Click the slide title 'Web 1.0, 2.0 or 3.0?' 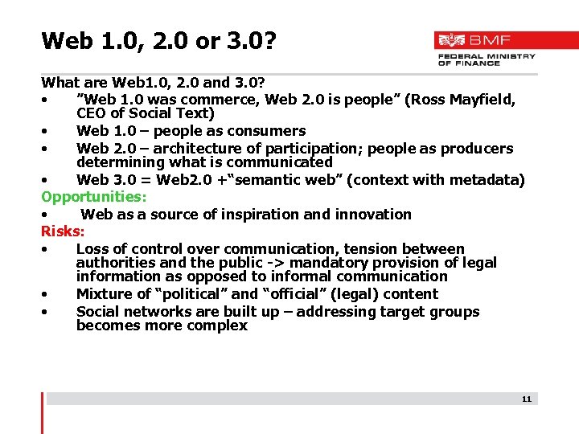point(158,40)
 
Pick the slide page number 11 point(527,399)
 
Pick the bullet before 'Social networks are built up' point(49,312)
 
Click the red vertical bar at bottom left point(42,412)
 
